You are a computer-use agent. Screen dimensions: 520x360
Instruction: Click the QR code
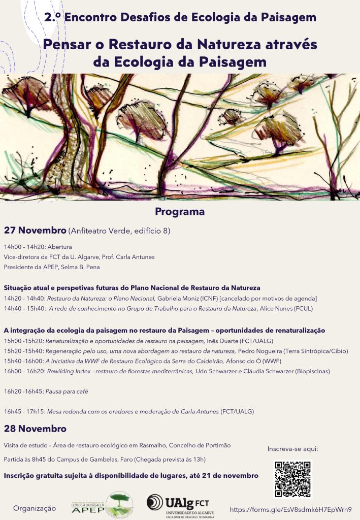(x=292, y=479)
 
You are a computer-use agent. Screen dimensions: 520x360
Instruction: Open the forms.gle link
(x=291, y=509)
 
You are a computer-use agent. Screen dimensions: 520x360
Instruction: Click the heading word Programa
(x=180, y=211)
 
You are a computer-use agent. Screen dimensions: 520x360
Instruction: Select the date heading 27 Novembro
(x=35, y=231)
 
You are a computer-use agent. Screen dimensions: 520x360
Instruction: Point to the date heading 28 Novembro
(x=35, y=428)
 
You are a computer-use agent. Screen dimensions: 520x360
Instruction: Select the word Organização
(x=35, y=508)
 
